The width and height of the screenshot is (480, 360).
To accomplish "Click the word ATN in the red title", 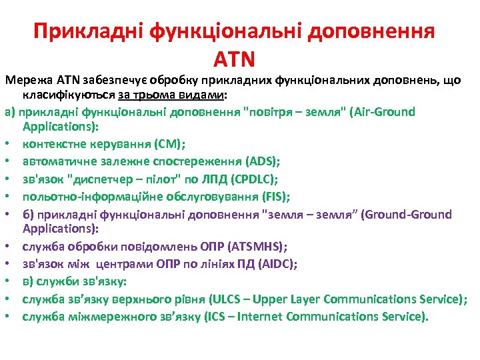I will pos(234,59).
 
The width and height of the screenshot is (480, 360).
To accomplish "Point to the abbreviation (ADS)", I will pos(263,161).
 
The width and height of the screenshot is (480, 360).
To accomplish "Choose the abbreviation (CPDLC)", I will pos(270,179).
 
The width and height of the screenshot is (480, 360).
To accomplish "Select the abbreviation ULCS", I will pos(229,299).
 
